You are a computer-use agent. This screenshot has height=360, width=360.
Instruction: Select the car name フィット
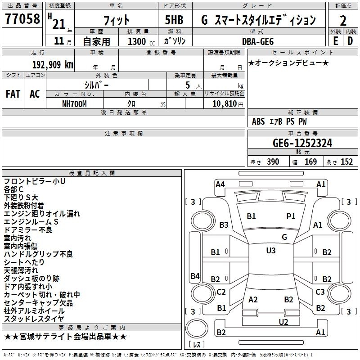(116, 20)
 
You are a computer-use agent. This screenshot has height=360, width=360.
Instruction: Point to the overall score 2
(343, 20)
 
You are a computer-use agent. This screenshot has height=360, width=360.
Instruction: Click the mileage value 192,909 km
(52, 64)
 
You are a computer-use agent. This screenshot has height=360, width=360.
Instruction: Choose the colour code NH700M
(75, 103)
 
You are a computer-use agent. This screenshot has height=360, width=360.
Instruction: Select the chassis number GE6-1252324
(302, 143)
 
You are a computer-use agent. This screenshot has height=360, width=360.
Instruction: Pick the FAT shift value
(13, 94)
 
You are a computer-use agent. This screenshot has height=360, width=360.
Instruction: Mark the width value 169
(310, 162)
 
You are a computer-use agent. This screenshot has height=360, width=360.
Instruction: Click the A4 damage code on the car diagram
(220, 184)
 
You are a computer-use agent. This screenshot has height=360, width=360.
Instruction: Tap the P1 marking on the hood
(291, 216)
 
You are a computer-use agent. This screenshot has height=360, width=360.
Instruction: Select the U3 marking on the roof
(271, 250)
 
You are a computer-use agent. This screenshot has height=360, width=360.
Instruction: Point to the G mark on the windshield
(284, 237)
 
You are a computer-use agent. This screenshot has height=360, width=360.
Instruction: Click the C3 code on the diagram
(320, 292)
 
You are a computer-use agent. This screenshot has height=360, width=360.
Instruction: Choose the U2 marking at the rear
(283, 321)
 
